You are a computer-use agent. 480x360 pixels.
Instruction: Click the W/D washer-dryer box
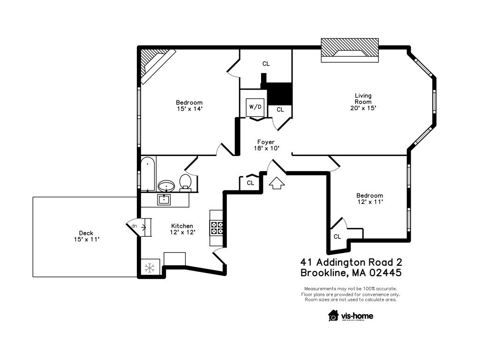tap(255, 107)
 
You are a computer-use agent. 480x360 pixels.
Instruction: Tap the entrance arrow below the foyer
tap(277, 182)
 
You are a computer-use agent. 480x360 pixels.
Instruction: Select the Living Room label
tap(363, 102)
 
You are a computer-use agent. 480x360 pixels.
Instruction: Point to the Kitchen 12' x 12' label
tap(182, 228)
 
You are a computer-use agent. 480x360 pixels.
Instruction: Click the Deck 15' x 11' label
tap(86, 236)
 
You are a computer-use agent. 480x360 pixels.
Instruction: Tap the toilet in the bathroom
tap(186, 182)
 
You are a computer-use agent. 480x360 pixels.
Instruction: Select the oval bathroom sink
tap(166, 186)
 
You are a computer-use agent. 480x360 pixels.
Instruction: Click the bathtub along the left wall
tap(148, 174)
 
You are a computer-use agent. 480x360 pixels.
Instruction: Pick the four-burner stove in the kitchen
tap(217, 227)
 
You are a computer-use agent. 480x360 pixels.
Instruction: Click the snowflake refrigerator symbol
tap(150, 268)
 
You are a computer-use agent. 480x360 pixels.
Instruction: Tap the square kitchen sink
tap(164, 200)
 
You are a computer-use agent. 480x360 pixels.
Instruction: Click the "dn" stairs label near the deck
tap(134, 226)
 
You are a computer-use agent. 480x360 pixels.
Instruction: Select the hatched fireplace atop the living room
tap(350, 50)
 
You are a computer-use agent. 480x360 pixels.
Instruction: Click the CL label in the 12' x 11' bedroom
tap(337, 237)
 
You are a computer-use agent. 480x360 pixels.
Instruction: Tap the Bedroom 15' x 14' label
tap(189, 105)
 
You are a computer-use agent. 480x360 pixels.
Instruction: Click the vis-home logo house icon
tap(333, 315)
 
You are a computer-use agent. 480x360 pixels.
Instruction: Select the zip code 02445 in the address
tap(382, 272)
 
